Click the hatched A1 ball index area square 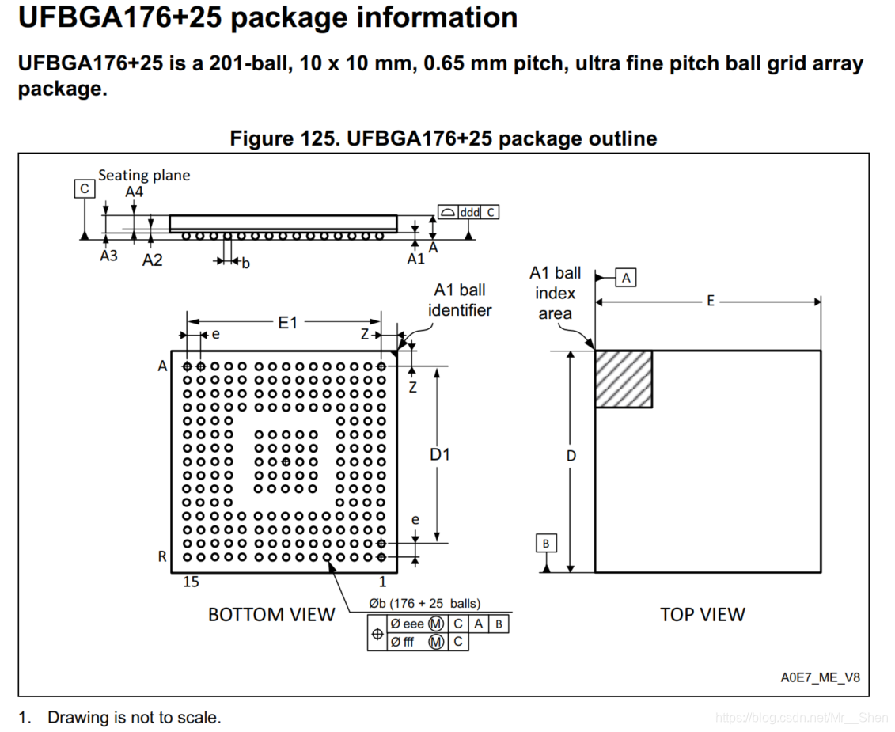coord(624,379)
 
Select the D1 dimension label coord(440,454)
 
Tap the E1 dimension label coord(286,322)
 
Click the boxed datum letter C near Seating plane coord(84,189)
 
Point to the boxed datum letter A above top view coord(626,277)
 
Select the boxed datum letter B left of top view coord(546,543)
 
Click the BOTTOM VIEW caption coord(271,614)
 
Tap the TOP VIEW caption coord(702,614)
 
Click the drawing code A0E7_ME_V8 coord(820,677)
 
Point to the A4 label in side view coord(134,192)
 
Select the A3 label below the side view coord(108,256)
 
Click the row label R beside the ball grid coord(162,556)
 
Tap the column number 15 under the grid coord(191,582)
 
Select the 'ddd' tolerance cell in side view coord(469,212)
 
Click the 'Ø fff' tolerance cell coord(404,642)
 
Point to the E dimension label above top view coord(710,301)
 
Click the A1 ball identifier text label coord(460,300)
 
